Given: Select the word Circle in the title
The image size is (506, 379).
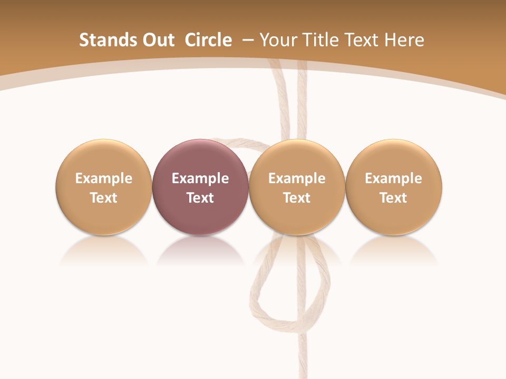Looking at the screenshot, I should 208,40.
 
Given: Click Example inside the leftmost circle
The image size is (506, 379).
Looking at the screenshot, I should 103,178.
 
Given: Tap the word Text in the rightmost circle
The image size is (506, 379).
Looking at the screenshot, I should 394,198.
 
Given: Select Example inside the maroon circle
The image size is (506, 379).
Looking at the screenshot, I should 200,178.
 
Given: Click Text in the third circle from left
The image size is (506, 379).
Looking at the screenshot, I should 297,198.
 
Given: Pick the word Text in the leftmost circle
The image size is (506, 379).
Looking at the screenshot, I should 103,198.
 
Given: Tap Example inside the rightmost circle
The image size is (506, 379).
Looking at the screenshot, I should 394,178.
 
